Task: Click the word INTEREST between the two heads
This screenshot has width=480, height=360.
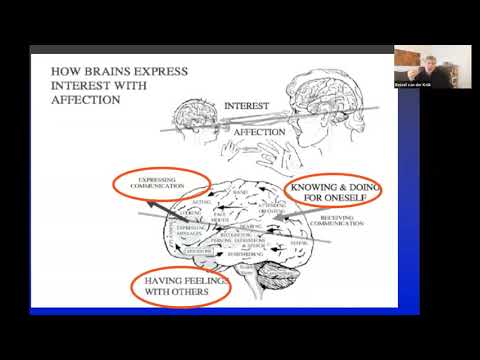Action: coord(248,105)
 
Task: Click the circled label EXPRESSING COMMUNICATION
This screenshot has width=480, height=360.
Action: coord(160,182)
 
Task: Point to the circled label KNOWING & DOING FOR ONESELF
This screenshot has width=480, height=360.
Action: coord(324,192)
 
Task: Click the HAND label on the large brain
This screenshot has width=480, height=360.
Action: coord(240,191)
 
